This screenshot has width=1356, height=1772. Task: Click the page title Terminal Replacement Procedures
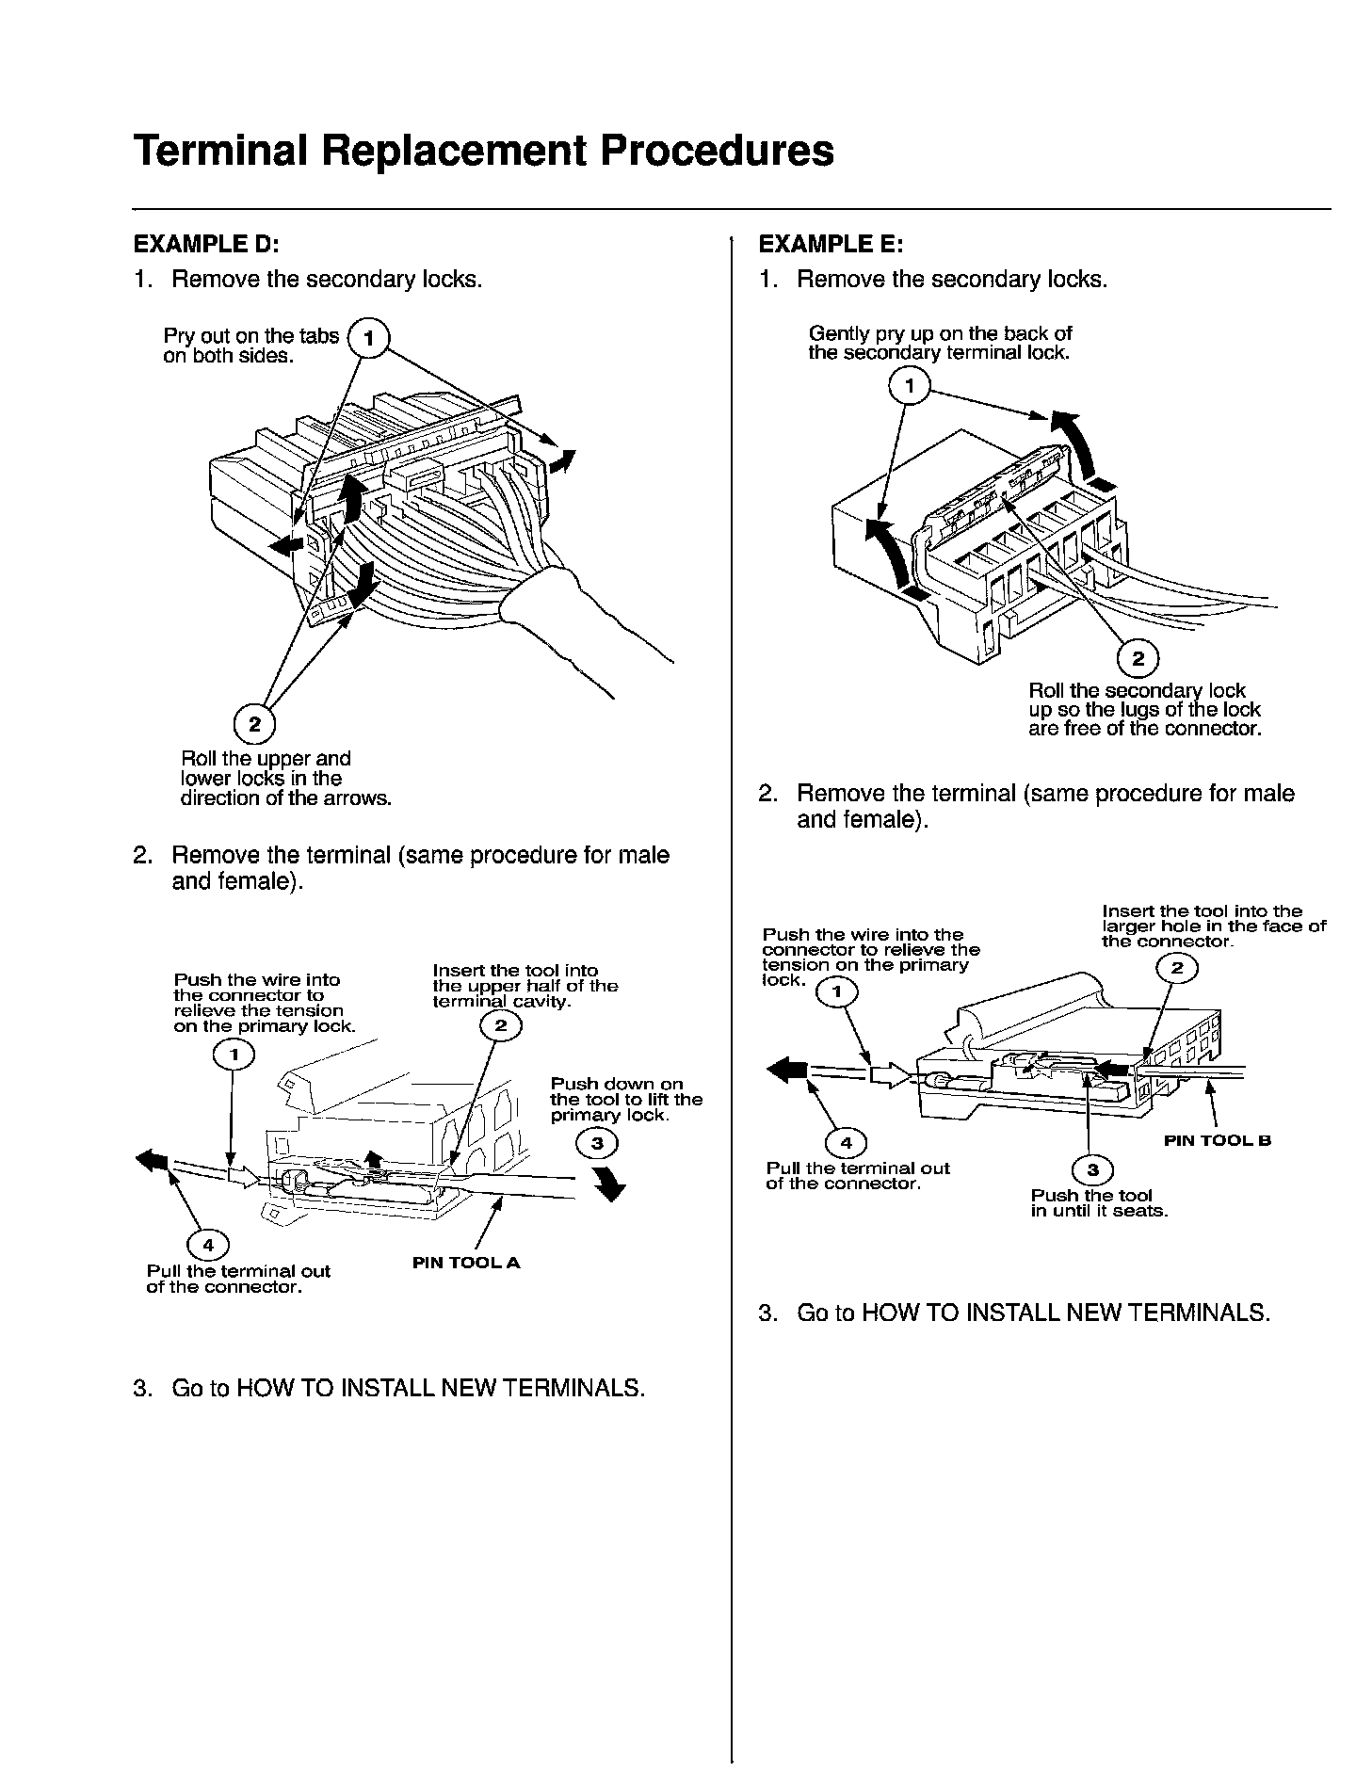pyautogui.click(x=483, y=150)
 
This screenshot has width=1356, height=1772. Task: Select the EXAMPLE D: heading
pyautogui.click(x=206, y=244)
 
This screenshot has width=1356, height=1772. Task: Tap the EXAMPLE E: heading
pyautogui.click(x=831, y=244)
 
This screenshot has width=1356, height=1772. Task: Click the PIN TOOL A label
pyautogui.click(x=466, y=1263)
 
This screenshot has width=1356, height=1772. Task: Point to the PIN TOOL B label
pyautogui.click(x=1218, y=1140)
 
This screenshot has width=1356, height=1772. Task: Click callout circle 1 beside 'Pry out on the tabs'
pyautogui.click(x=368, y=338)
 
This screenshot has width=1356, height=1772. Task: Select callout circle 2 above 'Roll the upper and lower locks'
pyautogui.click(x=253, y=724)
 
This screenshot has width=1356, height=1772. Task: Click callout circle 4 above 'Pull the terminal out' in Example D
pyautogui.click(x=208, y=1246)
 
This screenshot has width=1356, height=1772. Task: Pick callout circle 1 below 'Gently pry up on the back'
pyautogui.click(x=910, y=386)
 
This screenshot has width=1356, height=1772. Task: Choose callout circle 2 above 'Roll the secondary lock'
pyautogui.click(x=1138, y=658)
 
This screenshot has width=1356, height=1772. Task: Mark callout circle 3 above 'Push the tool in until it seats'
pyautogui.click(x=1092, y=1170)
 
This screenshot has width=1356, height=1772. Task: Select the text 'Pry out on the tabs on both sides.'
pyautogui.click(x=250, y=346)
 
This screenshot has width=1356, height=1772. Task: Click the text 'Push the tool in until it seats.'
pyautogui.click(x=1099, y=1203)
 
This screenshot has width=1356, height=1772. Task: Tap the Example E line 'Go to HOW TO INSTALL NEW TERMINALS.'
pyautogui.click(x=1033, y=1313)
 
